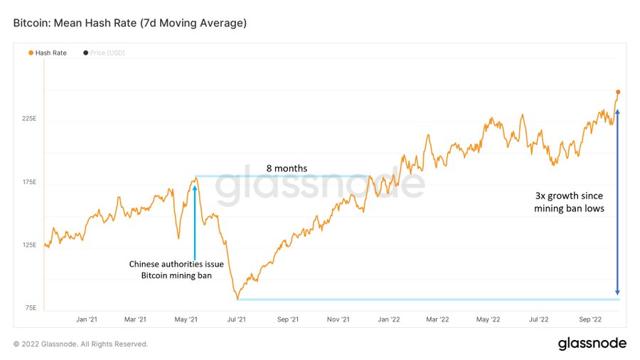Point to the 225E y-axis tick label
pos(28,118)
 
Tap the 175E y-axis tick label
pos(28,181)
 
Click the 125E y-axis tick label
pos(28,245)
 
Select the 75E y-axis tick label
pos(30,308)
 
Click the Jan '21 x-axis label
pos(87,319)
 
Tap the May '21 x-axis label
pos(186,319)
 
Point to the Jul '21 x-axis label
pos(236,319)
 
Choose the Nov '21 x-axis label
pos(338,319)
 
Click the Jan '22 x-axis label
pos(388,319)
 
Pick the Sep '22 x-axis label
pos(590,319)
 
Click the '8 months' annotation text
pos(287,169)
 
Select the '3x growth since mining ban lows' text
pos(569,203)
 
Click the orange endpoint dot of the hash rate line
pos(618,92)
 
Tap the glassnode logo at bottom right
pos(592,344)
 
